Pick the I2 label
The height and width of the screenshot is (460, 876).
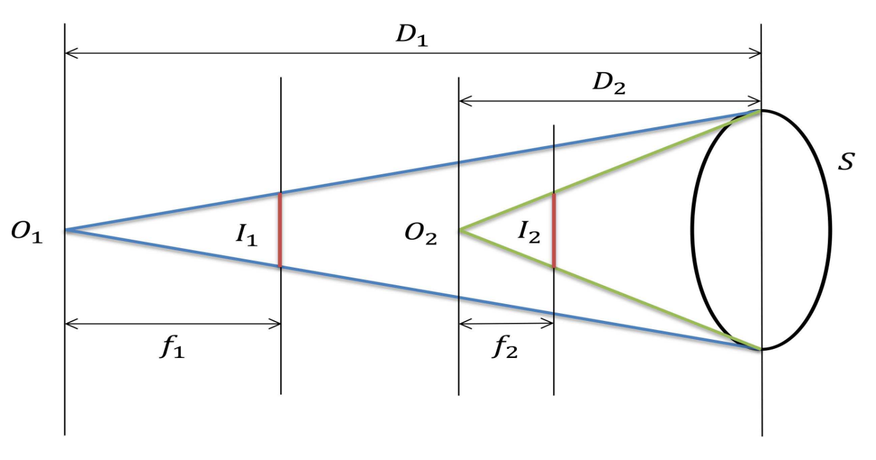(x=529, y=232)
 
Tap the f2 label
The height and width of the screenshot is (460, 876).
(x=504, y=347)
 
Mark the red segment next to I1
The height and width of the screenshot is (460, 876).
(x=280, y=229)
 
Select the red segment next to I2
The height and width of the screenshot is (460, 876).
(x=553, y=230)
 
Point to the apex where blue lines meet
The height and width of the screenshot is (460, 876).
(x=66, y=229)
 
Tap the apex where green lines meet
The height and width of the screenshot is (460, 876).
(x=460, y=229)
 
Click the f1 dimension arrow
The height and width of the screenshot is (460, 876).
(x=173, y=324)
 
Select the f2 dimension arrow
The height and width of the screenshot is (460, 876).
(x=506, y=324)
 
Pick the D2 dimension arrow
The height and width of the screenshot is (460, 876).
(x=609, y=102)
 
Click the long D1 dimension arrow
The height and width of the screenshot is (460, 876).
(x=412, y=52)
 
